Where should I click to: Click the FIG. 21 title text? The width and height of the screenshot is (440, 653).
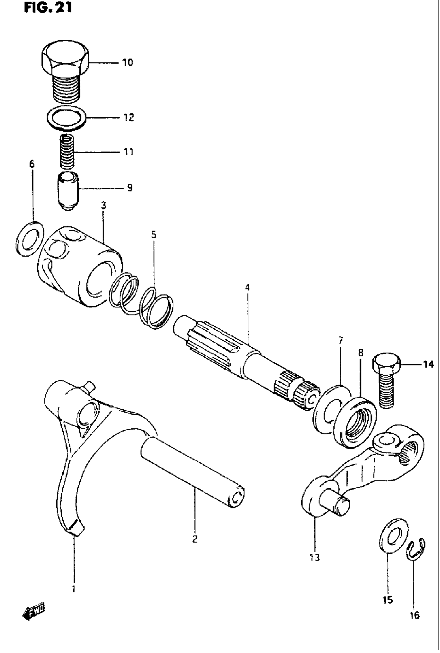point(48,8)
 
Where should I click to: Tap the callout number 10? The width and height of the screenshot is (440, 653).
point(127,62)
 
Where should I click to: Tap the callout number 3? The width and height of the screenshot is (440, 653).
point(104,206)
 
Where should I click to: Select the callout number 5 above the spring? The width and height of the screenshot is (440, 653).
point(153,234)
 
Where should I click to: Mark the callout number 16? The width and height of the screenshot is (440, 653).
point(414,615)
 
